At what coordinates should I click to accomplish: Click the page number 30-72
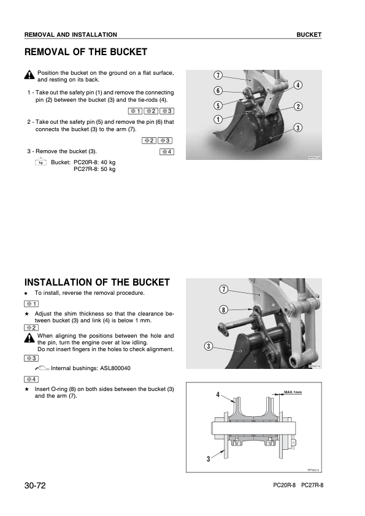click(x=36, y=485)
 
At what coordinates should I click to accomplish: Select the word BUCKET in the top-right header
click(x=309, y=35)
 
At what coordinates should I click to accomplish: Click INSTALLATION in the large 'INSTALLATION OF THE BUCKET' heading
click(x=73, y=283)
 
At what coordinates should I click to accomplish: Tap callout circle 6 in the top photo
click(x=218, y=91)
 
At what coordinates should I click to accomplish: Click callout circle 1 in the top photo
click(x=218, y=119)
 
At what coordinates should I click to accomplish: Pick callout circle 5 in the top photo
click(x=218, y=105)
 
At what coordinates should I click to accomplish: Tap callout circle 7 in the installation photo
click(x=224, y=289)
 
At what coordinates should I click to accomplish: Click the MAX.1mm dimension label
click(x=293, y=391)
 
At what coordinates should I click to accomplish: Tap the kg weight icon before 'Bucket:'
click(x=41, y=162)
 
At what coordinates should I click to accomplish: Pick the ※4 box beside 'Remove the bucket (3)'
click(x=166, y=151)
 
